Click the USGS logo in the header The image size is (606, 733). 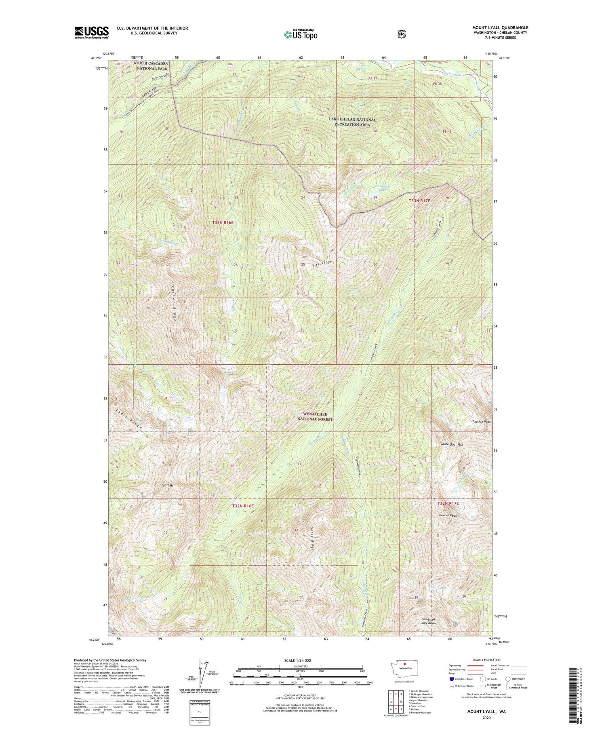(91, 32)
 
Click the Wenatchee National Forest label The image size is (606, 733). (315, 416)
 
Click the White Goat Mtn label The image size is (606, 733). (451, 444)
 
